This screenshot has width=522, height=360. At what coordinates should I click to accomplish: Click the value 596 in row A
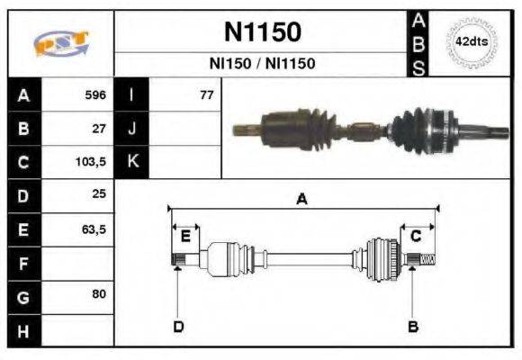click(94, 94)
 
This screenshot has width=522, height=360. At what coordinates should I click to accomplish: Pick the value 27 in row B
click(98, 129)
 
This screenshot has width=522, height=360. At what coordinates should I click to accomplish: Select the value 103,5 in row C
click(90, 163)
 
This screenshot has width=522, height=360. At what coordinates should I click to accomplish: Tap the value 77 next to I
click(206, 94)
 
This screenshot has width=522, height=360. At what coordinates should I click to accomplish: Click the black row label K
click(131, 163)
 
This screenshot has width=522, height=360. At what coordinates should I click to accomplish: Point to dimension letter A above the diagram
click(302, 200)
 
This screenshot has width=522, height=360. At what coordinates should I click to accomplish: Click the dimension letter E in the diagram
click(185, 237)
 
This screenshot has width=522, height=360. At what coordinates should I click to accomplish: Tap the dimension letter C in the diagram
click(416, 237)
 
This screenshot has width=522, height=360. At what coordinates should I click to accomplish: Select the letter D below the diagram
click(177, 326)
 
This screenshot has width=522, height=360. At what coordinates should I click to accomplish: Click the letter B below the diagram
click(413, 326)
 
